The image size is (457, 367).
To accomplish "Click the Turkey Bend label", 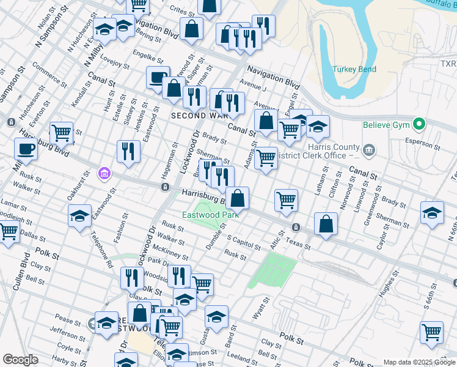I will pyautogui.click(x=354, y=69).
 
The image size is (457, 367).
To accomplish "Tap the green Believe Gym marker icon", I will pyautogui.click(x=419, y=124).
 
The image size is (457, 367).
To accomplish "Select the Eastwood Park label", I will pyautogui.click(x=210, y=215).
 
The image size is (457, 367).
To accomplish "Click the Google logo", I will pyautogui.click(x=21, y=360).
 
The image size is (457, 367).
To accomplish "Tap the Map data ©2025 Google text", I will pyautogui.click(x=418, y=361).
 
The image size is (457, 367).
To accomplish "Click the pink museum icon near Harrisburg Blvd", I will pyautogui.click(x=104, y=174).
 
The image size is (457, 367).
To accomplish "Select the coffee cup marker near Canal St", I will pyautogui.click(x=158, y=78).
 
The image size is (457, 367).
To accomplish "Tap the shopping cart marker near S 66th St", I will pyautogui.click(x=432, y=332).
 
